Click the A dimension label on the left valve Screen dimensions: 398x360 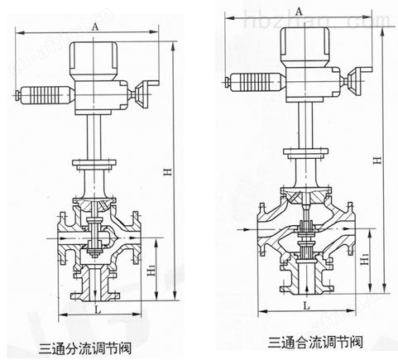94,26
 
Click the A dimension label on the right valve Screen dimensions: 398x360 299,12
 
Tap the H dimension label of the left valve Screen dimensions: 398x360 169,171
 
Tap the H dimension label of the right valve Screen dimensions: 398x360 377,161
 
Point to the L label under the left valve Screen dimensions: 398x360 98,310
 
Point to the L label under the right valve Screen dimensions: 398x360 306,305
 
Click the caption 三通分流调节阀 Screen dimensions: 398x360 85,348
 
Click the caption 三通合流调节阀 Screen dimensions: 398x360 315,342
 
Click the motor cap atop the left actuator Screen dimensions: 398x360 94,60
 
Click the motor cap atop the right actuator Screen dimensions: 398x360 305,46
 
